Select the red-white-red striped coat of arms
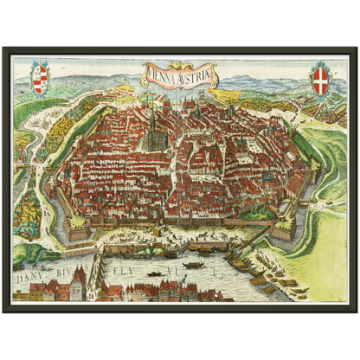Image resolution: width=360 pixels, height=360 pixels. tap(40, 79)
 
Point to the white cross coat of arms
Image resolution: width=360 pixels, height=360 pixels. tap(320, 79)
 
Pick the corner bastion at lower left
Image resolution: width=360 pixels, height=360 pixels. tap(78, 227)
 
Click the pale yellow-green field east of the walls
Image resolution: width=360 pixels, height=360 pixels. tap(325, 251)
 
